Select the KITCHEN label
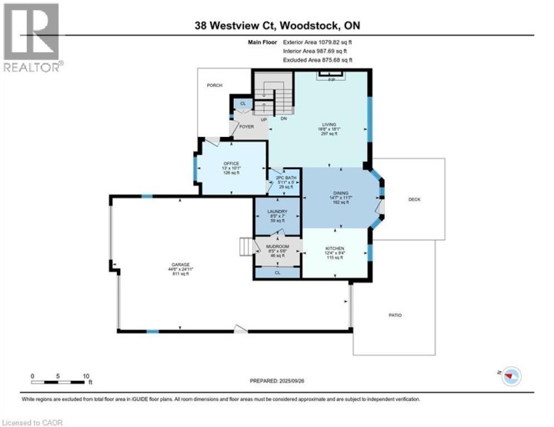334,248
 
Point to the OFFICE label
232,163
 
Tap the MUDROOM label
277,248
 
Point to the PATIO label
395,315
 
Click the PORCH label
215,85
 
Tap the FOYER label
245,127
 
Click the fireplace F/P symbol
332,78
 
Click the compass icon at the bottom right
511,375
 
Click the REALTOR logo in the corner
31,38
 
